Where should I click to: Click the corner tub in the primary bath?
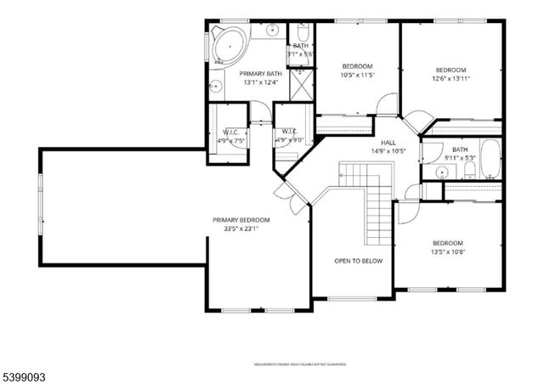click(227, 45)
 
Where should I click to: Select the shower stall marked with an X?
click(300, 85)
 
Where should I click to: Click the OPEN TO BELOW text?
click(358, 261)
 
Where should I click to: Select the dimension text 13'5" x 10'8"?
click(447, 251)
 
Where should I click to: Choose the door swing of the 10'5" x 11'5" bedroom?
click(387, 104)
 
